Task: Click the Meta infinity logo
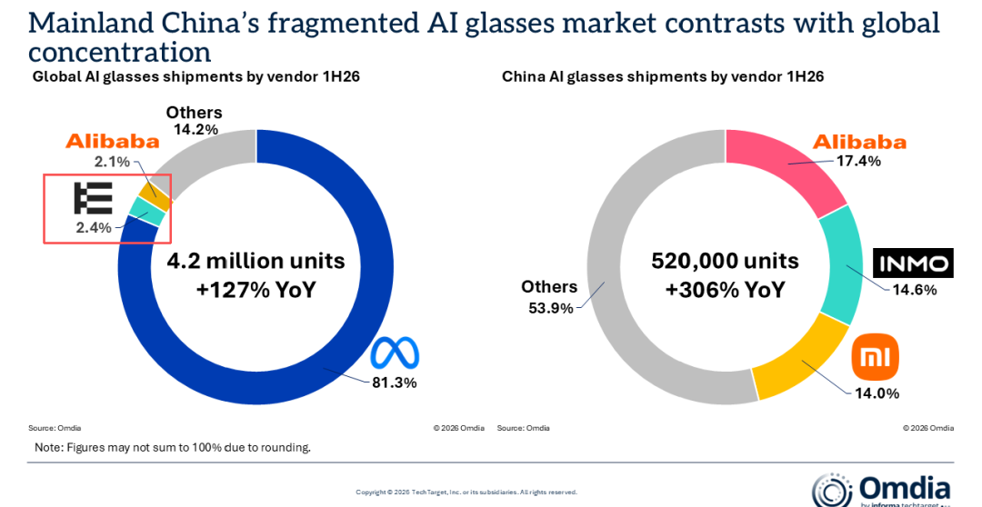395,353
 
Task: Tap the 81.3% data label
395,383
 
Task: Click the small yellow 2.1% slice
155,196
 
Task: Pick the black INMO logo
913,263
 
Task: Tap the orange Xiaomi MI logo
875,358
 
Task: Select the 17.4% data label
858,161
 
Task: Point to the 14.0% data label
877,393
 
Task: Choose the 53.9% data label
550,308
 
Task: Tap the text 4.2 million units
256,261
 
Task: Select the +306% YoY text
725,290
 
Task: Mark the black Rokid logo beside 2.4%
93,198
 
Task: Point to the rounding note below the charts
173,448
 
